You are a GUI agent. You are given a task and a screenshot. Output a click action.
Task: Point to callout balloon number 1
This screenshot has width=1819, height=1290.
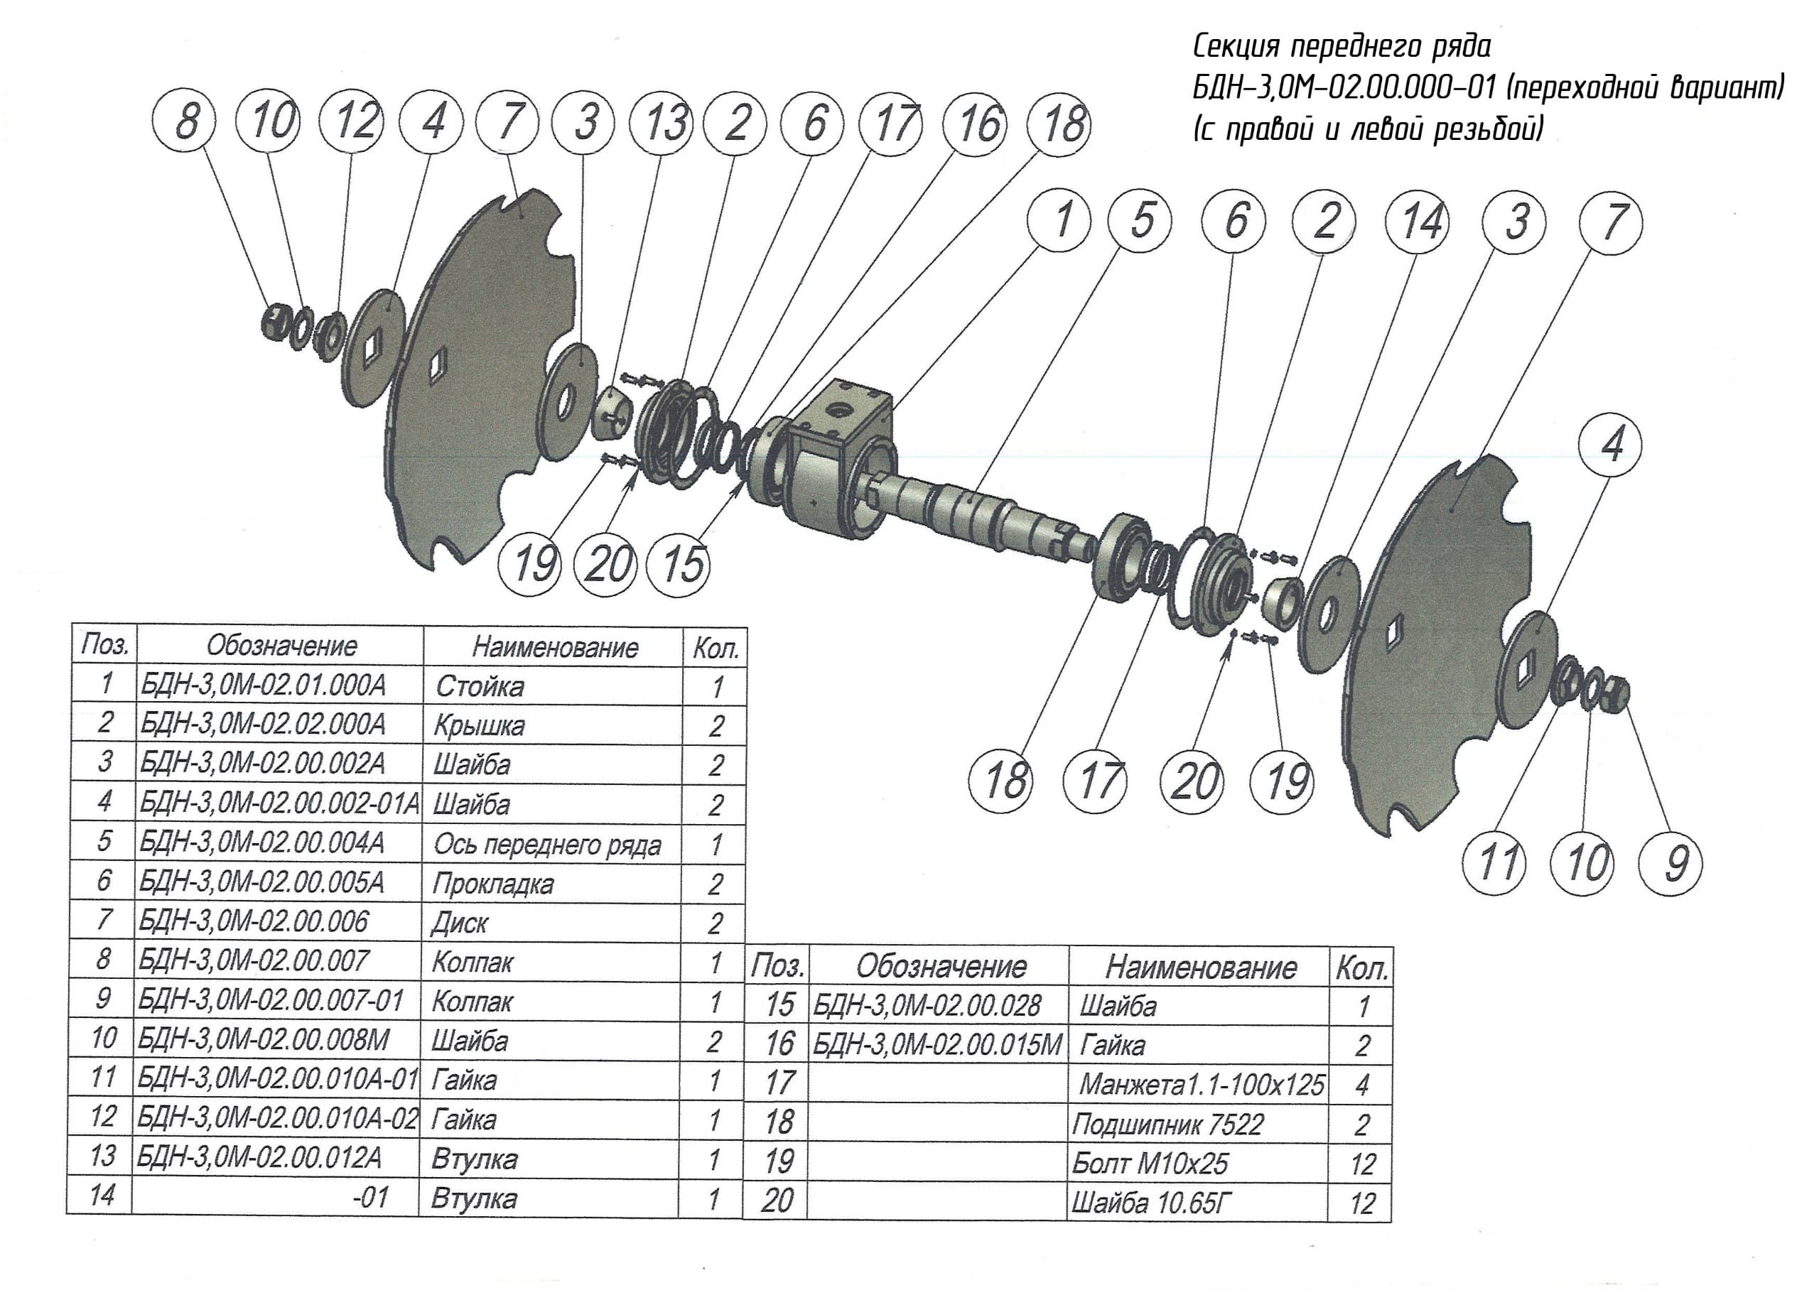[1059, 219]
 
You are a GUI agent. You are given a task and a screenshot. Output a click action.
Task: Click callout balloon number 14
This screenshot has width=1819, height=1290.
[1416, 220]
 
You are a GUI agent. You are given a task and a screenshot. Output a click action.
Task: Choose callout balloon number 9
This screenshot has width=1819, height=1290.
[1671, 862]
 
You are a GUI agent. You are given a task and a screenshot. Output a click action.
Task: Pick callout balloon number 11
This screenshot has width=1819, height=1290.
[1494, 862]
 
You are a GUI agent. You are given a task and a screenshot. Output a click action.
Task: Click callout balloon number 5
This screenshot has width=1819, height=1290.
[1140, 219]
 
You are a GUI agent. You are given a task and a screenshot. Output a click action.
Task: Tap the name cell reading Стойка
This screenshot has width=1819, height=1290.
[480, 686]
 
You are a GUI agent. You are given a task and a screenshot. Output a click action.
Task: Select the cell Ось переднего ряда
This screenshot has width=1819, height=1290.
[547, 845]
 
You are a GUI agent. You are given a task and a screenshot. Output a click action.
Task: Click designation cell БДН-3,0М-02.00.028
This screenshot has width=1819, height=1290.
[926, 1007]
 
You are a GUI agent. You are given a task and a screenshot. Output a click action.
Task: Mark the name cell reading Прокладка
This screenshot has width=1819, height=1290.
[492, 883]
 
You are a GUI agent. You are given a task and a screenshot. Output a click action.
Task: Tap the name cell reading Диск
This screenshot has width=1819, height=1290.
[459, 923]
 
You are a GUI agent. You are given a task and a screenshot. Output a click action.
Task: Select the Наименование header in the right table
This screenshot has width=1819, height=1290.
[1200, 967]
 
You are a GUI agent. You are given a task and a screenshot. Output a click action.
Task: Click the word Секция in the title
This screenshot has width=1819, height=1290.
[1236, 48]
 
